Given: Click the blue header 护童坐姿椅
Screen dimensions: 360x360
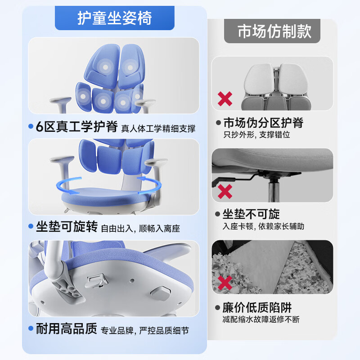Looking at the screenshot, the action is pyautogui.click(x=115, y=18).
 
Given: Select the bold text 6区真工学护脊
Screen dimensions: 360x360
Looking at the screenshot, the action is pyautogui.click(x=77, y=126).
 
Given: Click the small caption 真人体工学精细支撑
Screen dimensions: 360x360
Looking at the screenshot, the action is pyautogui.click(x=158, y=129).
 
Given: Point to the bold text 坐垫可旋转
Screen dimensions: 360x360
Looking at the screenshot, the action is pyautogui.click(x=67, y=227).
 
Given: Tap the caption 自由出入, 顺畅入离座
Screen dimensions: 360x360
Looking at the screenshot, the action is pyautogui.click(x=140, y=229).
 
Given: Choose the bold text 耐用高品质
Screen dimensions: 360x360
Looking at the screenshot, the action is pyautogui.click(x=67, y=328).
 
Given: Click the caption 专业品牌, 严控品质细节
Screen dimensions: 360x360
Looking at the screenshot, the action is pyautogui.click(x=144, y=331).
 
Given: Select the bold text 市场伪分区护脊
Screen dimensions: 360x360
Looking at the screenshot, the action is pyautogui.click(x=263, y=122).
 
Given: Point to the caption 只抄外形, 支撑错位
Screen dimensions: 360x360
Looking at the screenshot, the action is pyautogui.click(x=256, y=135).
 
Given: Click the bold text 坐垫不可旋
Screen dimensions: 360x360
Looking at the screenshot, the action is pyautogui.click(x=251, y=214).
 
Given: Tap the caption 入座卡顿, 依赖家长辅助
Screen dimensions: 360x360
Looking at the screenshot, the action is pyautogui.click(x=263, y=226).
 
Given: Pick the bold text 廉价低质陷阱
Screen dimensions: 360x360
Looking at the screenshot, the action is pyautogui.click(x=257, y=308).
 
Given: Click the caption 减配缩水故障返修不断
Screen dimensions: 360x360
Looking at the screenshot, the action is pyautogui.click(x=261, y=319).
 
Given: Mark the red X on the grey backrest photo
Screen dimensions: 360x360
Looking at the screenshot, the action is pyautogui.click(x=225, y=99).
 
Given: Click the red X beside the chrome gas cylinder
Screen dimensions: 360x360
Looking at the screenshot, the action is pyautogui.click(x=225, y=192).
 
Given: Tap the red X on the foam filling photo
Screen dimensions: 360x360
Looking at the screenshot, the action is pyautogui.click(x=225, y=283).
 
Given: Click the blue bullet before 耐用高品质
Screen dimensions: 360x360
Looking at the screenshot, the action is pyautogui.click(x=31, y=328).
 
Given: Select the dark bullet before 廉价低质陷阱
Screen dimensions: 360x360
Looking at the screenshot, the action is pyautogui.click(x=217, y=308).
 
